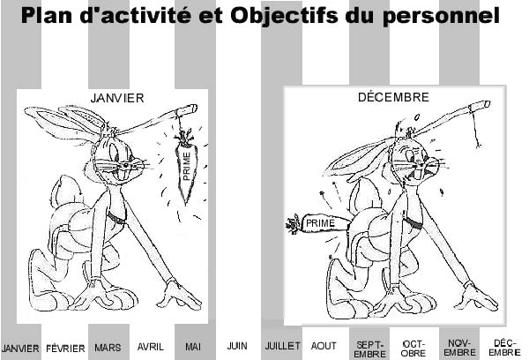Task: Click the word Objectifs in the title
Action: [284, 15]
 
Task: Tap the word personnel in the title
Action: [441, 16]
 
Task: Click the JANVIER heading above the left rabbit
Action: [117, 98]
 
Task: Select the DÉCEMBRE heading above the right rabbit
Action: [393, 97]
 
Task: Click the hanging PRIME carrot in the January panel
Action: [186, 166]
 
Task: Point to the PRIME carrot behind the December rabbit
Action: [317, 223]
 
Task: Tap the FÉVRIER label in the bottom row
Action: [65, 349]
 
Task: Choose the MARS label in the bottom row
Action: [108, 348]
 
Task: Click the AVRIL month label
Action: [151, 347]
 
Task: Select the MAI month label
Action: [193, 347]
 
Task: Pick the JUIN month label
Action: [237, 346]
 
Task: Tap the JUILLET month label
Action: [282, 346]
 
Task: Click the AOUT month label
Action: [324, 346]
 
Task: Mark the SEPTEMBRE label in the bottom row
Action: [369, 349]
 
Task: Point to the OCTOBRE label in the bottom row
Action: [414, 349]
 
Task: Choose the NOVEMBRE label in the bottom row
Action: [459, 348]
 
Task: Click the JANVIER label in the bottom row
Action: [20, 349]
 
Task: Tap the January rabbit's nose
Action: [126, 165]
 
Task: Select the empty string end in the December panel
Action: [479, 146]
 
